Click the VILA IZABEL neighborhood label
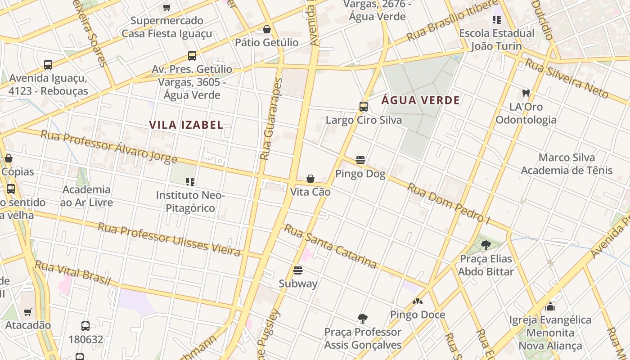186,125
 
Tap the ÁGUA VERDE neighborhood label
421,100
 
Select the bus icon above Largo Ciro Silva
364,107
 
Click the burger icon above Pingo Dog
360,160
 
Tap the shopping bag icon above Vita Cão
310,179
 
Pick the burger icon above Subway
297,270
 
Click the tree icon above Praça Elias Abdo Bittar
486,245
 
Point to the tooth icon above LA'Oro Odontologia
526,94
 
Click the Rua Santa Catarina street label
330,246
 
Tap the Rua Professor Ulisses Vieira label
169,239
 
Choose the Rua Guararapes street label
271,119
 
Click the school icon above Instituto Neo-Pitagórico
190,182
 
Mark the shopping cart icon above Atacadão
28,312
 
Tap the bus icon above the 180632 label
85,326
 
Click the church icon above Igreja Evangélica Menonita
550,306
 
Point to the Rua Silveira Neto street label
567,78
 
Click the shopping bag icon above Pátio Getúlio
267,29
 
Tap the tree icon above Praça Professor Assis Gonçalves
363,319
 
